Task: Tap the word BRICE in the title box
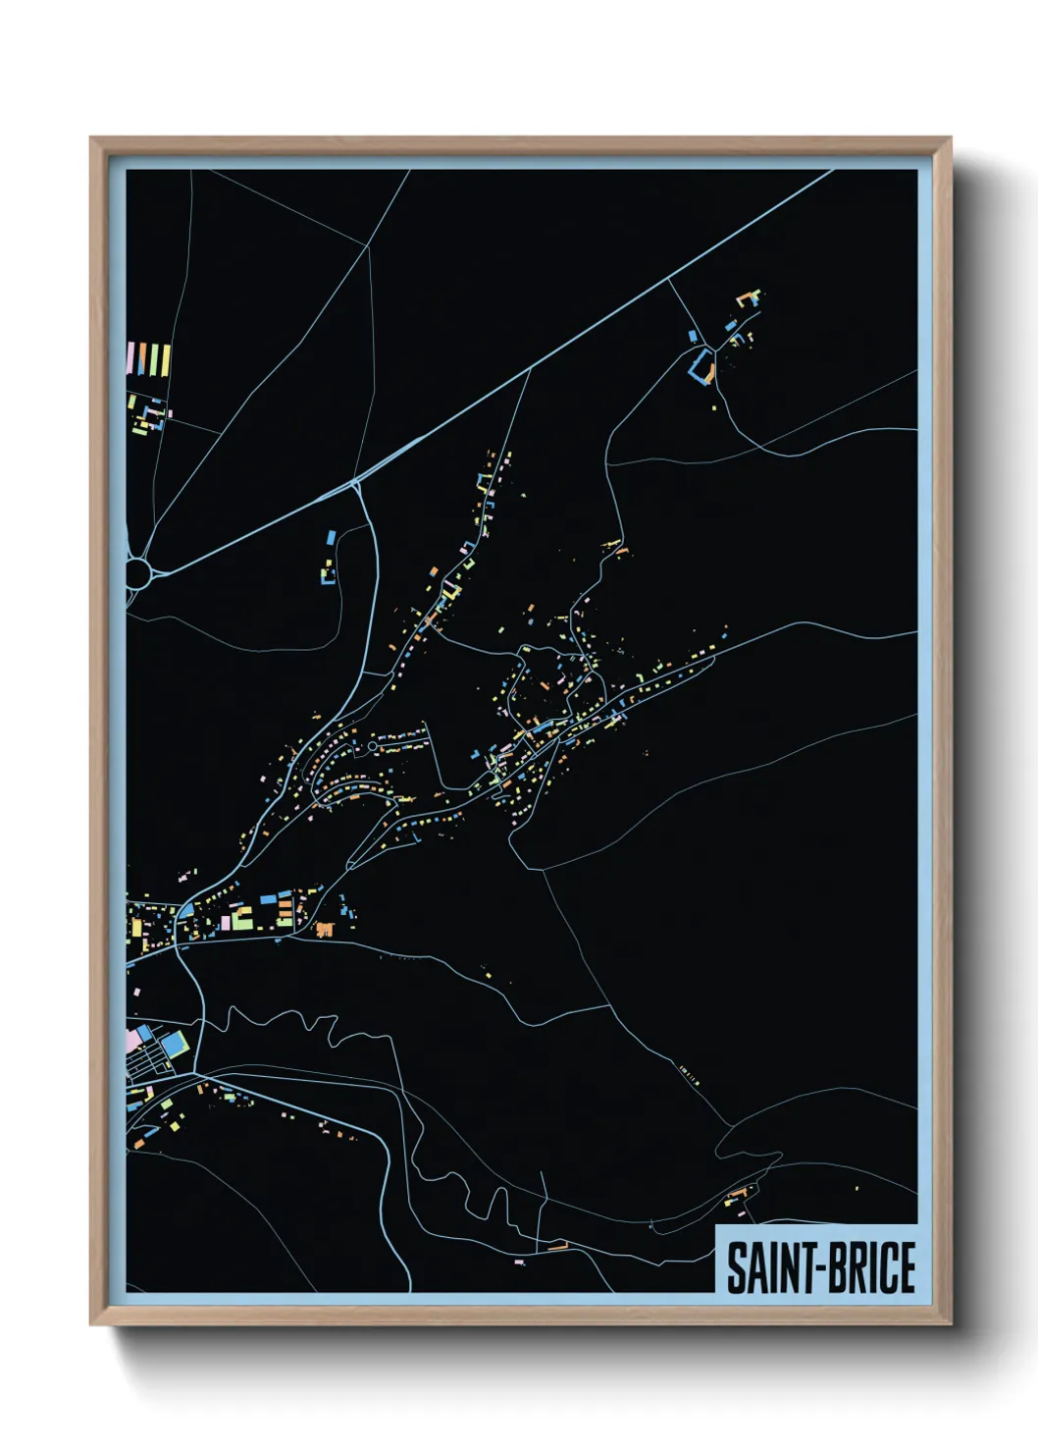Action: tap(868, 1266)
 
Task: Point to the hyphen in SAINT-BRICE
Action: tap(816, 1268)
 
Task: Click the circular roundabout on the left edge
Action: tap(138, 573)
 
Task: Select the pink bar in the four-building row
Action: tap(130, 358)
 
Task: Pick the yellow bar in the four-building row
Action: tap(165, 359)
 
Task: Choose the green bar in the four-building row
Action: tap(154, 359)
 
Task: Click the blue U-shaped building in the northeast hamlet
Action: tap(701, 367)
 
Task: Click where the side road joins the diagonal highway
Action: tap(357, 482)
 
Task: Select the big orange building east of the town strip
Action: tap(325, 929)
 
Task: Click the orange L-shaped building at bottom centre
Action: tap(558, 1247)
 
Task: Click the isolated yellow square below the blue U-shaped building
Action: tap(714, 406)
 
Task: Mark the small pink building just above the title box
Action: tap(519, 1263)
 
